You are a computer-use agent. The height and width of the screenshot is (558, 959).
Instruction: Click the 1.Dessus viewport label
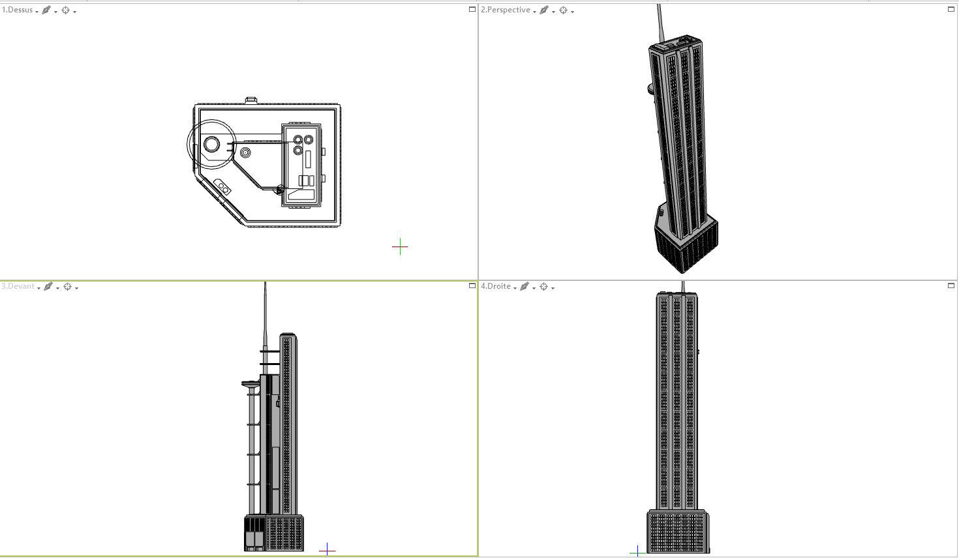pyautogui.click(x=17, y=10)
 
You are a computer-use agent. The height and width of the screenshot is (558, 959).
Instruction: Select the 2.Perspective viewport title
pyautogui.click(x=505, y=10)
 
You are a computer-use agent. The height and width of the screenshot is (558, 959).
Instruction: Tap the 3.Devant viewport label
pyautogui.click(x=18, y=287)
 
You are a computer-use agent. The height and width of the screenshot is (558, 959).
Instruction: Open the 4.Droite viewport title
pyautogui.click(x=496, y=287)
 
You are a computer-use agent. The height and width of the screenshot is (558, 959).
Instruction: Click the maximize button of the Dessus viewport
pyautogui.click(x=472, y=10)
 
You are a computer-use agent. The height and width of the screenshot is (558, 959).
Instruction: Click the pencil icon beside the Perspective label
pyautogui.click(x=543, y=10)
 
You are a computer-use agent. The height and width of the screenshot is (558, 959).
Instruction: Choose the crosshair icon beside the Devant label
pyautogui.click(x=67, y=287)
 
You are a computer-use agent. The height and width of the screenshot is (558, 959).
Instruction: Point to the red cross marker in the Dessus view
pyautogui.click(x=400, y=247)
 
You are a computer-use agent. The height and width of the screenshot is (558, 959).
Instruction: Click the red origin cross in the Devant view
pyautogui.click(x=327, y=550)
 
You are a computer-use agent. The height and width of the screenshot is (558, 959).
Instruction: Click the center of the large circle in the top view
pyautogui.click(x=211, y=144)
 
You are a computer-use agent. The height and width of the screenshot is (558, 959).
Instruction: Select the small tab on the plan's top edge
pyautogui.click(x=251, y=100)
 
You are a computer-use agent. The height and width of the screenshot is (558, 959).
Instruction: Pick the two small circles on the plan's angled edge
pyautogui.click(x=222, y=187)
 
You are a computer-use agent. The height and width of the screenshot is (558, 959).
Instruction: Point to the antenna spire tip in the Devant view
pyautogui.click(x=265, y=284)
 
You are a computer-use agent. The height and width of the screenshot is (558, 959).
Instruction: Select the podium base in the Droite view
pyautogui.click(x=678, y=532)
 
